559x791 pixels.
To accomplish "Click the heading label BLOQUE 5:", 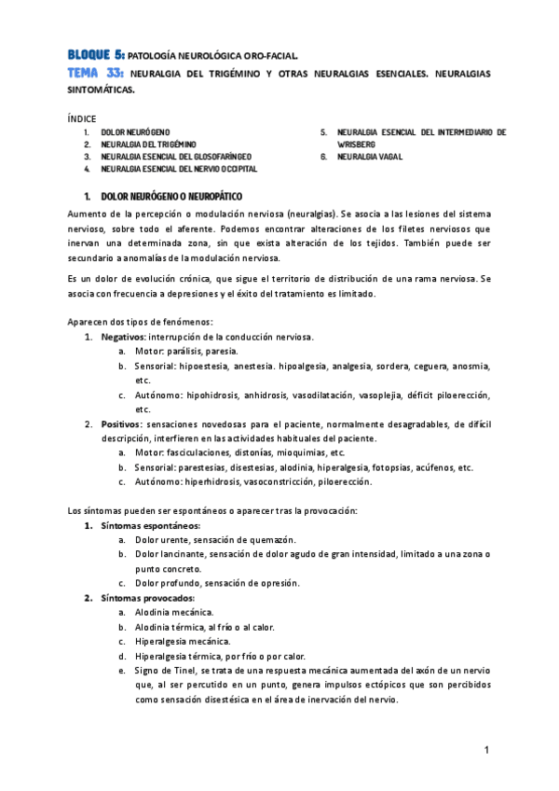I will [x=95, y=55].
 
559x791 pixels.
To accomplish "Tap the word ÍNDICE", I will [x=81, y=118].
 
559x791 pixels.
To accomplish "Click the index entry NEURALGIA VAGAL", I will [x=370, y=158].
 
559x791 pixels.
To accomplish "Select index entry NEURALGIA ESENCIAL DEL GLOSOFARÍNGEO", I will [x=170, y=158].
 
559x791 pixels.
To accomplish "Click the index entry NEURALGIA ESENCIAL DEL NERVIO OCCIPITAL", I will [x=179, y=170].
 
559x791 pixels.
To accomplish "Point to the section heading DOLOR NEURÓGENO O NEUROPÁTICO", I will [x=171, y=198].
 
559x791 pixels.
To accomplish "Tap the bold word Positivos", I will [x=122, y=423].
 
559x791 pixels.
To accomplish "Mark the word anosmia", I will [x=470, y=366].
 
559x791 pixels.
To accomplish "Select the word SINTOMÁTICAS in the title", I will [x=102, y=90].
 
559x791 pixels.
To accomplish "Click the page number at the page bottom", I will [x=486, y=751].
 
